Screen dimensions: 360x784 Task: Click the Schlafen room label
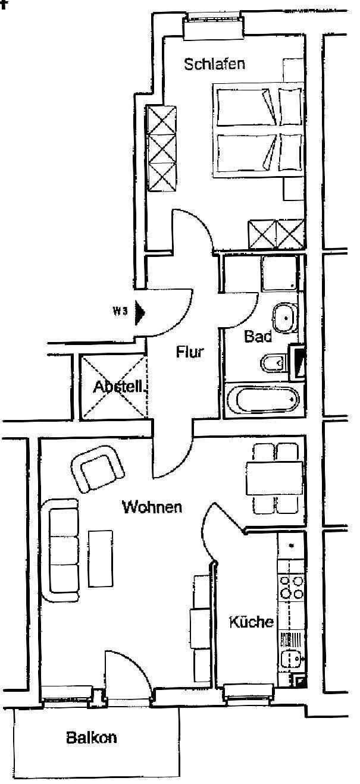pos(214,64)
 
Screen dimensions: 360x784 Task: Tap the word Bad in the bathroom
pos(258,336)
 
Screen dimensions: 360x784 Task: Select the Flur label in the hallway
pos(190,352)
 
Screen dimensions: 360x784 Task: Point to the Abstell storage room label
pos(119,387)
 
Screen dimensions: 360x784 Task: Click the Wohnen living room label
pos(152,507)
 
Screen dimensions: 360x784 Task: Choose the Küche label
pos(252,622)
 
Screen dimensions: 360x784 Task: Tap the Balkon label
pos(91,738)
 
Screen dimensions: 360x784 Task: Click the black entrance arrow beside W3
pos(140,313)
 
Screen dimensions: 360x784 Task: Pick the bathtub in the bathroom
pos(262,400)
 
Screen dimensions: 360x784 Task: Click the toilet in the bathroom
pos(273,362)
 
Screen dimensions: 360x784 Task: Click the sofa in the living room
pos(61,546)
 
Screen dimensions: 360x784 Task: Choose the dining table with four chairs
pos(274,478)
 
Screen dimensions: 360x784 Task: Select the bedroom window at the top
pos(212,26)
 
